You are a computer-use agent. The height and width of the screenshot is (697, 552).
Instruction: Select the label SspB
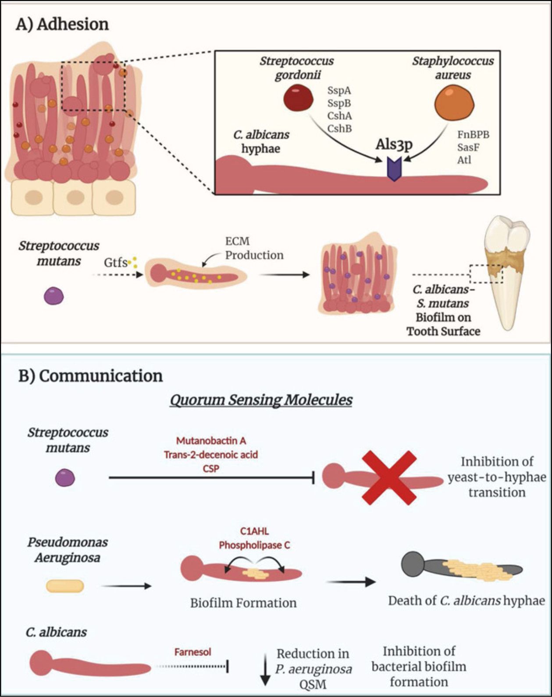[339, 103]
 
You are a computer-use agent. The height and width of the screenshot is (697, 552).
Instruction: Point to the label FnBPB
[473, 134]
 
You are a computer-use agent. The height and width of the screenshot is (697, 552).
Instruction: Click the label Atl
[464, 160]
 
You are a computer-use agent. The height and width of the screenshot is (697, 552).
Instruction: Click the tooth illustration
[506, 272]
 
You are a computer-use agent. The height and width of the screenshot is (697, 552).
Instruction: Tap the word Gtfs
[115, 263]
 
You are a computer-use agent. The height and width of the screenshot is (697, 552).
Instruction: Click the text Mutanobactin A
[211, 441]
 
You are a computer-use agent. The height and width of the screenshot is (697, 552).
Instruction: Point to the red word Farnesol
[192, 652]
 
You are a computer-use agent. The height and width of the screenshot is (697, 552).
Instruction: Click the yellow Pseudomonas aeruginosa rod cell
[65, 586]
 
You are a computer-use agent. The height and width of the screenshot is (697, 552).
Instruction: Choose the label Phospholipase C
[254, 545]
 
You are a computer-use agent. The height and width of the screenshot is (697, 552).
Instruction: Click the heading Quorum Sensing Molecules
[261, 400]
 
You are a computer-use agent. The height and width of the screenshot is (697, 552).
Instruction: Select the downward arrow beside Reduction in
[265, 669]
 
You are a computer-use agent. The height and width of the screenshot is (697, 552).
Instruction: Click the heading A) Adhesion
[62, 24]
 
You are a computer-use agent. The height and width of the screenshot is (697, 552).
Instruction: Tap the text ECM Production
[254, 248]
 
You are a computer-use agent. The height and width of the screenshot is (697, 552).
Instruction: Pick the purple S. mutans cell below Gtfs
[54, 296]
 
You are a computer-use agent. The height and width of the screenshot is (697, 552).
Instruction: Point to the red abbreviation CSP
[211, 468]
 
